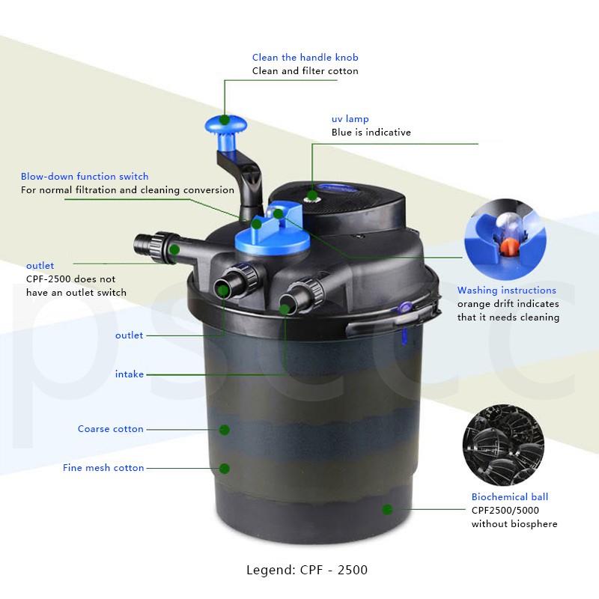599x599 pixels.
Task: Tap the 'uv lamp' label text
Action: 350,119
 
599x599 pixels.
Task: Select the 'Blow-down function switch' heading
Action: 85,177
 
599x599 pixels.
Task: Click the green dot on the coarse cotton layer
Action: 224,429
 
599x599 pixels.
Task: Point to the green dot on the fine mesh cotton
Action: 224,468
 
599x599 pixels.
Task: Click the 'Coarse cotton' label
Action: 110,429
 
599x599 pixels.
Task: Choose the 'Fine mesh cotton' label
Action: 103,468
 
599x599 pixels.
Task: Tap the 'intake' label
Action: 129,374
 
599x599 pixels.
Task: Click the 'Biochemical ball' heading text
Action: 509,497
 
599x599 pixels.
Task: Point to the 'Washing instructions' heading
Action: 507,291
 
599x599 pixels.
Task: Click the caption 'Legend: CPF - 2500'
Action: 307,570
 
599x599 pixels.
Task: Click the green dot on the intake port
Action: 285,307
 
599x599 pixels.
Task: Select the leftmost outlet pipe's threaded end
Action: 145,244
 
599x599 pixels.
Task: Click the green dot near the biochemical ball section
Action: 387,510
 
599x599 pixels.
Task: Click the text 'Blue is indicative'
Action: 371,133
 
